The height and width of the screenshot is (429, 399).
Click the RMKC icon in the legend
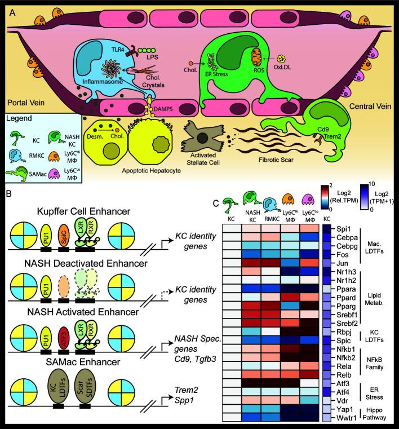pos(19,153)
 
